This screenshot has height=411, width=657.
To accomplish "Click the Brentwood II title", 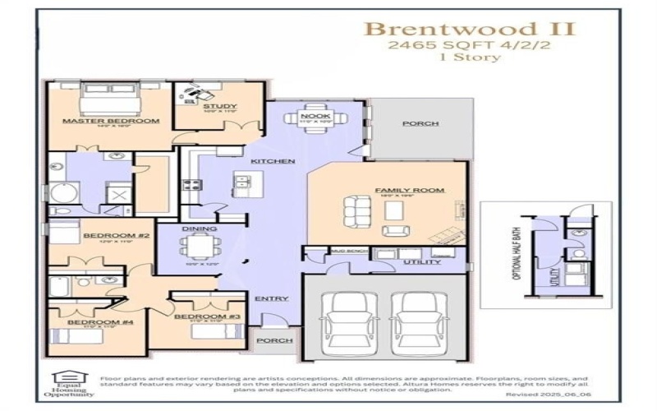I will click(470, 29).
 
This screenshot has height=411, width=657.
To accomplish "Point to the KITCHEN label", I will click(273, 161).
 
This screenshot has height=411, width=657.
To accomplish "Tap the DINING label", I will click(200, 229).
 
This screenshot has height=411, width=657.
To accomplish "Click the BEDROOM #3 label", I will click(207, 316).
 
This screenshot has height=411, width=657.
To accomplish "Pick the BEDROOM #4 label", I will click(90, 322).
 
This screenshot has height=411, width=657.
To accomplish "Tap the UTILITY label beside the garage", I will click(422, 262).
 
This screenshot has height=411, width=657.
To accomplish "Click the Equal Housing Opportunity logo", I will click(69, 384).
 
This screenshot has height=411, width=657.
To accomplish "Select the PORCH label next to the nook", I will click(420, 123).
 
